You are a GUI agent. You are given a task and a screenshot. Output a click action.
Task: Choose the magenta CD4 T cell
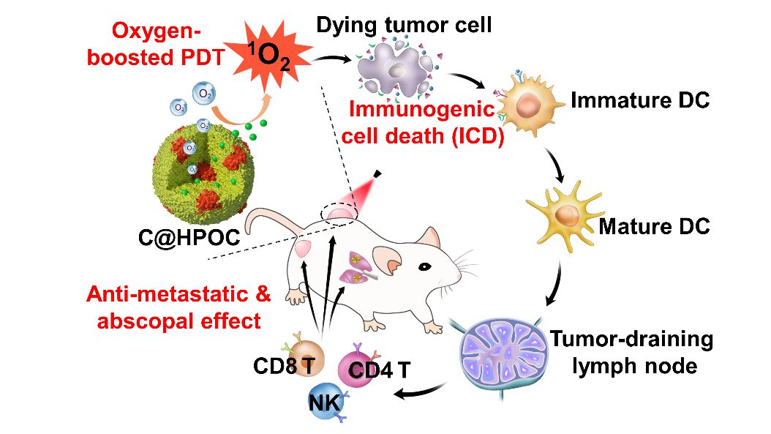(359, 365)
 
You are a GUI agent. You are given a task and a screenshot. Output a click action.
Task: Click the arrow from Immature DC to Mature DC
(557, 167)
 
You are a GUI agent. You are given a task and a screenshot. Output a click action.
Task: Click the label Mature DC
(654, 226)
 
